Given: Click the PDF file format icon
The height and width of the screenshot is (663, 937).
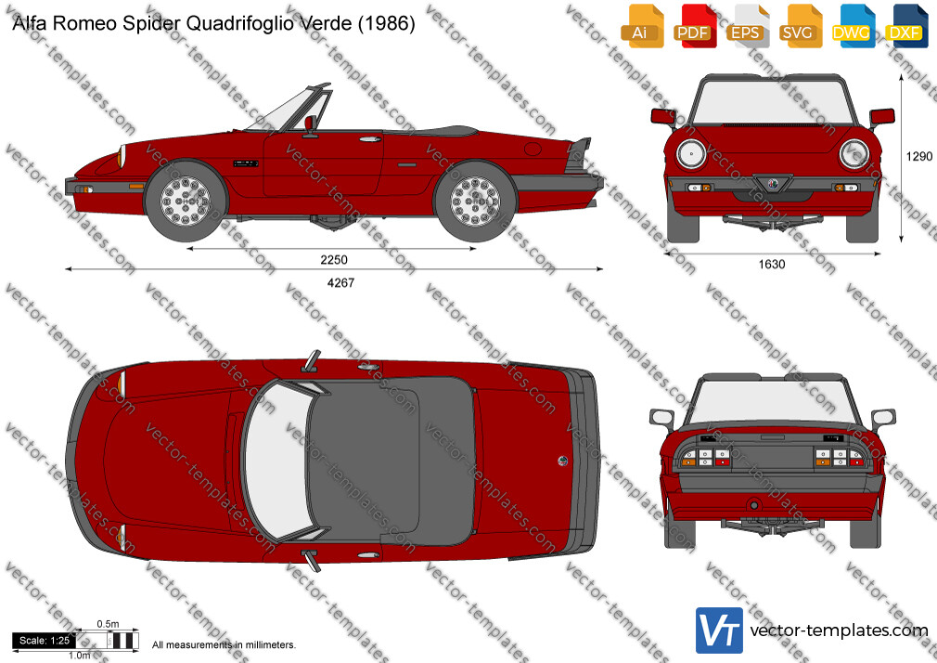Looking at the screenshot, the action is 693,26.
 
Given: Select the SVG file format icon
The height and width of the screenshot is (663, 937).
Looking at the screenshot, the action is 800,26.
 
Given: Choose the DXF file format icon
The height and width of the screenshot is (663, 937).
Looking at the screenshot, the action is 905,26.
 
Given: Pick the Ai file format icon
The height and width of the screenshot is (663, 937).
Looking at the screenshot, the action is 641,26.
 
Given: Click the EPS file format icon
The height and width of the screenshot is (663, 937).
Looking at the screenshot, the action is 747,26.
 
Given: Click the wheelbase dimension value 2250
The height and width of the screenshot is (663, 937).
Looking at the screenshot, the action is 333,260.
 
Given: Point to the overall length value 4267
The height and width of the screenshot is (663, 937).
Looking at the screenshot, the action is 340,282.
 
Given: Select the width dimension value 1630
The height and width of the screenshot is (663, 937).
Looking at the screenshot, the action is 772,264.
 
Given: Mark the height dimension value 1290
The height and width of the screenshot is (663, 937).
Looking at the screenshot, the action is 919,156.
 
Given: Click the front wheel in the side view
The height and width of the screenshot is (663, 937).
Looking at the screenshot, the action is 186,201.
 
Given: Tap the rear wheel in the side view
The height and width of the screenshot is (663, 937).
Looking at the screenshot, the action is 476,201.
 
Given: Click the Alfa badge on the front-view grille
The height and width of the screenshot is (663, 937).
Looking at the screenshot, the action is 773,184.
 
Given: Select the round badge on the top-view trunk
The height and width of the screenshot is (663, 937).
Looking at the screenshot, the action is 562,461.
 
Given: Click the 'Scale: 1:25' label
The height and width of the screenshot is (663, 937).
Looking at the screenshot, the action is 45,641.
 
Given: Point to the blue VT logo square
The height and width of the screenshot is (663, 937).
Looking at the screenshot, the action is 720,630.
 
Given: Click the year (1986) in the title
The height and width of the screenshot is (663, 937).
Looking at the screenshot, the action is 385,23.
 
